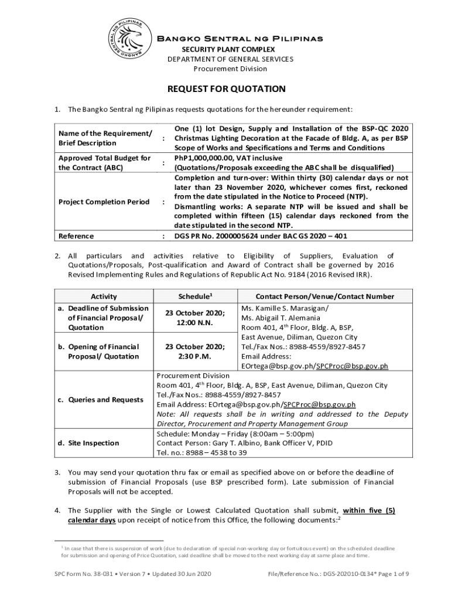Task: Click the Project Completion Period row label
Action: (104, 202)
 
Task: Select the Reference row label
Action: (76, 236)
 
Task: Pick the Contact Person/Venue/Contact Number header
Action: (325, 296)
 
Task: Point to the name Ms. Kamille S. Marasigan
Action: (285, 308)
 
